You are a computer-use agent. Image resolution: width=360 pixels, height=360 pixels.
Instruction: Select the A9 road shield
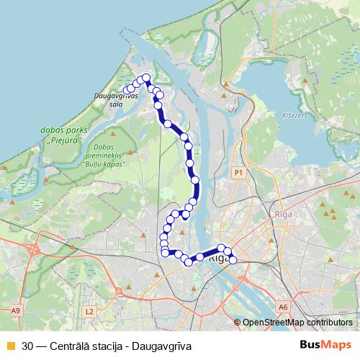pos(16,310)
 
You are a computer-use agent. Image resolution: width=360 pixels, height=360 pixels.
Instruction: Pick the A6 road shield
pos(284,307)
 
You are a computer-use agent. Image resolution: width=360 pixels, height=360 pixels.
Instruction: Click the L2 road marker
pos(89,311)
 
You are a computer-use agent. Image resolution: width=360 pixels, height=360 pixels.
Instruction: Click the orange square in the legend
pos(10,346)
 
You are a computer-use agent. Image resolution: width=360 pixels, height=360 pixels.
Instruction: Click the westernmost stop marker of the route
pos(127,90)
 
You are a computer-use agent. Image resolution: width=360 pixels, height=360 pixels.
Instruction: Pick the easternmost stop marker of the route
pos(233,259)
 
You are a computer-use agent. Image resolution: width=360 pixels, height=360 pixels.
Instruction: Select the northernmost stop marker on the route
pos(146,78)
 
